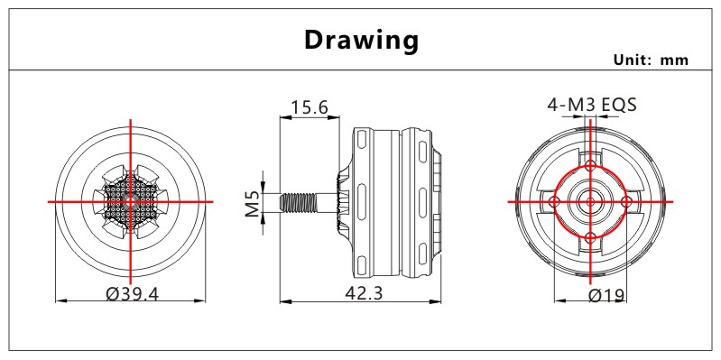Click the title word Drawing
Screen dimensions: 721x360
coord(362,41)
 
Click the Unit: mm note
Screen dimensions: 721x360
coord(652,60)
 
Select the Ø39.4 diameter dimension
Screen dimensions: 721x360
coord(132,293)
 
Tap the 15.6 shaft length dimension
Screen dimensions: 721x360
coord(309,107)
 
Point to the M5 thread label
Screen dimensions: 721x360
coord(253,203)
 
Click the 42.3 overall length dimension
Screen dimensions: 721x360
coord(364,293)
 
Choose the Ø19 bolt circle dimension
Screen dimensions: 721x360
coord(606,295)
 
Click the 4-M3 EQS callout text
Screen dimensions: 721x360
coord(592,105)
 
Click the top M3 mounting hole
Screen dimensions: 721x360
coord(590,164)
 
